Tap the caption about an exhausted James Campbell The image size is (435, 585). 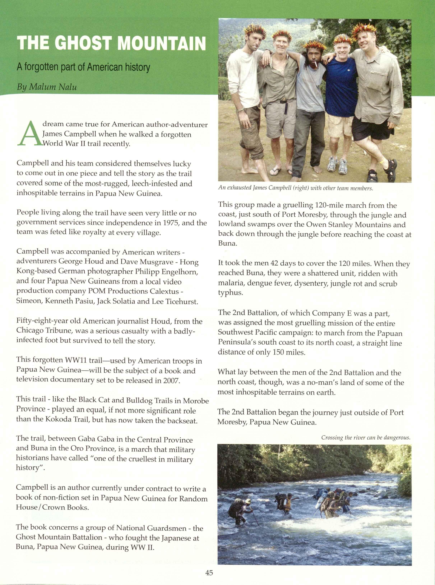[295, 188]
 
